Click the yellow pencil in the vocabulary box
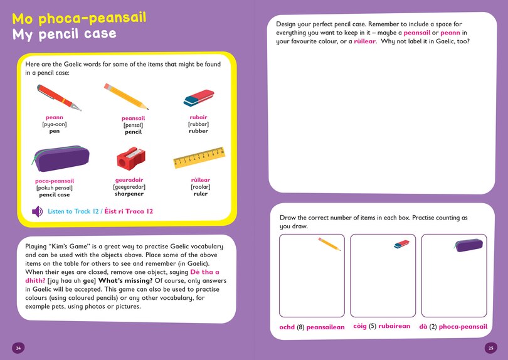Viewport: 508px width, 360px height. tap(125, 96)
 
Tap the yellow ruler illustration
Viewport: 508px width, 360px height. tap(199, 158)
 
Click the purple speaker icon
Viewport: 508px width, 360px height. tap(38, 211)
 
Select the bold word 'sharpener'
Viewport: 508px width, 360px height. tap(130, 194)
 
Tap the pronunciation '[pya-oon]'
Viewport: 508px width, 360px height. tap(55, 124)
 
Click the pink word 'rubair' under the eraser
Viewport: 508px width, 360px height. tap(198, 117)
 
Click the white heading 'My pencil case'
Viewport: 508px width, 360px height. tap(64, 33)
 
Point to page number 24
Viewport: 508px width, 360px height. tap(19, 348)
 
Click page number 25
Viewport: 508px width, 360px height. tap(490, 348)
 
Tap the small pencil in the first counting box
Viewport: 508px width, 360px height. tap(329, 244)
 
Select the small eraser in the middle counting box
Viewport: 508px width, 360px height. tap(401, 244)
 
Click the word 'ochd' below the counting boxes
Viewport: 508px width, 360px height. tap(287, 327)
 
